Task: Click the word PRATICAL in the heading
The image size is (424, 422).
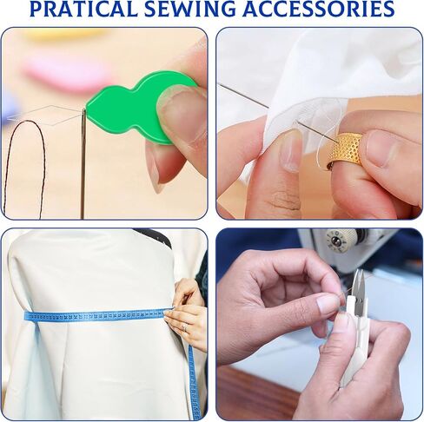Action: pos(83,9)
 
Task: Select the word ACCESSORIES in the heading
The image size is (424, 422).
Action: pos(319,9)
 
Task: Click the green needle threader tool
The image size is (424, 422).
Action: pos(136,108)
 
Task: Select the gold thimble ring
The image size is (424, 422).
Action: pos(346,151)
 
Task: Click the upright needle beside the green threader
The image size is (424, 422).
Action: pos(83,163)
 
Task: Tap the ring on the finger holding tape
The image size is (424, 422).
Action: pos(184,327)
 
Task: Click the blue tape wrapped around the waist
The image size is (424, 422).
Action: pos(96,315)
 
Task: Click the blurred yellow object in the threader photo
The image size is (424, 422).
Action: pos(63,35)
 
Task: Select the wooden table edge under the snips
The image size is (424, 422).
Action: pos(255,393)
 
